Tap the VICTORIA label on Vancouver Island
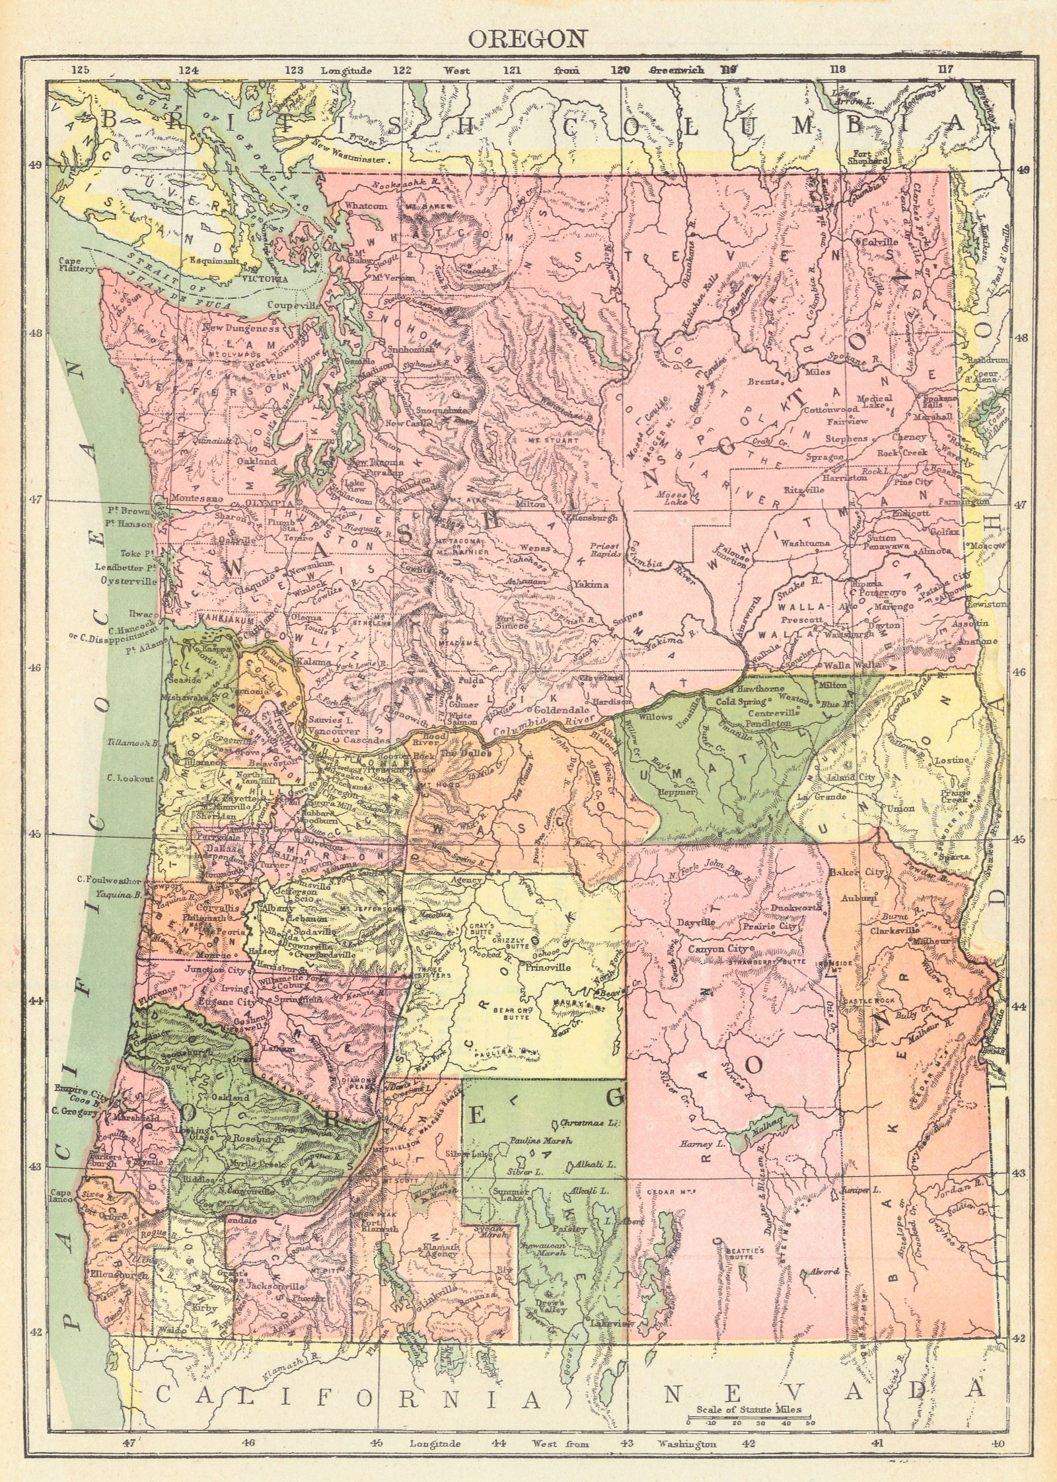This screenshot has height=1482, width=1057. tap(268, 280)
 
